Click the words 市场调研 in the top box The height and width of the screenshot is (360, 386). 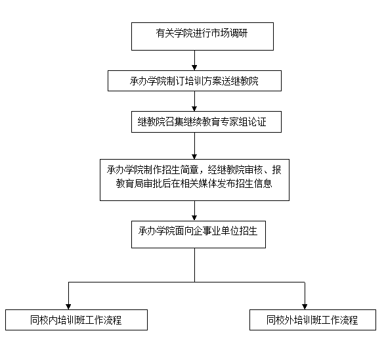229,34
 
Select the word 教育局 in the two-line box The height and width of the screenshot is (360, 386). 129,183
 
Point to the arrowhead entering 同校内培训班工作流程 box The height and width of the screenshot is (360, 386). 68,307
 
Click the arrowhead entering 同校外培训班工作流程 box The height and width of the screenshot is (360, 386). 305,307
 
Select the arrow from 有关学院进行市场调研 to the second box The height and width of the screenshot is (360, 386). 194,60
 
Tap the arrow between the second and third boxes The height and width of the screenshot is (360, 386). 194,101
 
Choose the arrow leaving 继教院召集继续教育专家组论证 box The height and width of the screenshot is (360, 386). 194,146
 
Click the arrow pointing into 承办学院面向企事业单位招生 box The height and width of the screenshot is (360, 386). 194,211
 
